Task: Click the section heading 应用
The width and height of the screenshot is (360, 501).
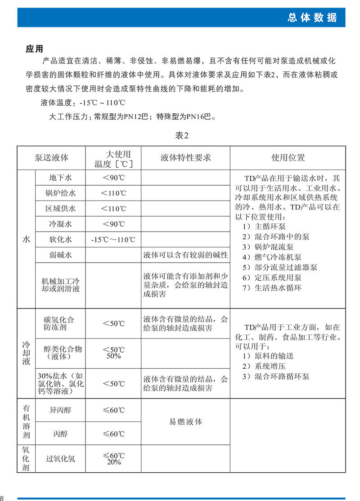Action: point(34,49)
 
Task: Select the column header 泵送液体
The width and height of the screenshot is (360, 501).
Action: point(51,158)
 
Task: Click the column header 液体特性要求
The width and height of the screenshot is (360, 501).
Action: point(185,158)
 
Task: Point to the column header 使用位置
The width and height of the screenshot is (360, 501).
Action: point(288,158)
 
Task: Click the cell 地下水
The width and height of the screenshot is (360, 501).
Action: point(60,178)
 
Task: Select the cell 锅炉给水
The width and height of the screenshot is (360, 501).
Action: point(60,193)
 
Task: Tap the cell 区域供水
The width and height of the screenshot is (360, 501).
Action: point(60,209)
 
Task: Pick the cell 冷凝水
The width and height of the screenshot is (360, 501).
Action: point(60,224)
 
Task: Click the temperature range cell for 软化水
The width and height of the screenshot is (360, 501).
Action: point(113,240)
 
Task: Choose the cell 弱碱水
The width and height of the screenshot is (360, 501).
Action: point(60,255)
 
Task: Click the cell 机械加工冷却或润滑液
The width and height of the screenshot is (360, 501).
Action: point(60,285)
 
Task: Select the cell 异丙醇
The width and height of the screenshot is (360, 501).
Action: point(60,410)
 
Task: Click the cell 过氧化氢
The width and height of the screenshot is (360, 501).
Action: point(60,459)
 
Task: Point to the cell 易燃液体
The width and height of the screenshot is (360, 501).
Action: point(185,422)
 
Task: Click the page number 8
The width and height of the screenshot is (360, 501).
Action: point(2,498)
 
